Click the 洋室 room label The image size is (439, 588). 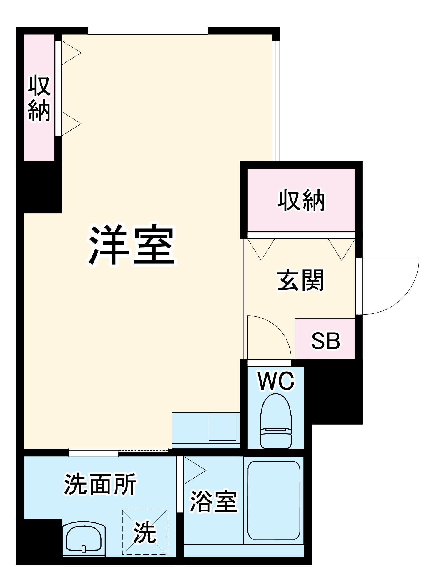coord(132,245)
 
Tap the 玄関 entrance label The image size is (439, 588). coord(300,280)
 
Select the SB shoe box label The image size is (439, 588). coord(325,341)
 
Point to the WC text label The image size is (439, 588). coord(276,381)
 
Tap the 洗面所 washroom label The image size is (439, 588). coord(100,484)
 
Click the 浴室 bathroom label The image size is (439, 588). coord(213,501)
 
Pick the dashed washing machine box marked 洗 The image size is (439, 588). coord(145,532)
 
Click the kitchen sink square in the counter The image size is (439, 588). coord(222,427)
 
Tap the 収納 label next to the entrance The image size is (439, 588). coord(301,201)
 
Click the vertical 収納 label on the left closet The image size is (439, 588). coord(39,98)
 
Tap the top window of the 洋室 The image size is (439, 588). coord(148,31)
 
